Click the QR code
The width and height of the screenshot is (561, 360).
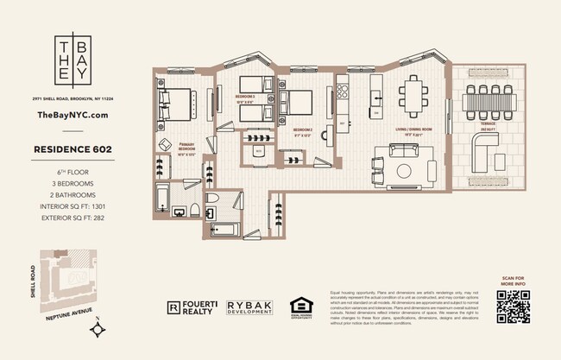click(x=512, y=306)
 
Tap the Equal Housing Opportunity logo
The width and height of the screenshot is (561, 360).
click(x=300, y=307)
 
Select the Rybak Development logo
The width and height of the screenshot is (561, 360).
click(x=250, y=307)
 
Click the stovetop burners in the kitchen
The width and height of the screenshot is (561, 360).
click(x=341, y=89)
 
